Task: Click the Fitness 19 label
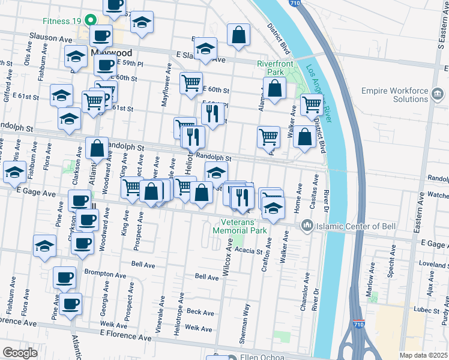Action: (x=61, y=20)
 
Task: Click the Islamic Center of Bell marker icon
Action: (x=307, y=226)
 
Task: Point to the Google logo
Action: (x=19, y=353)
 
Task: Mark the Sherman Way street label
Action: (x=245, y=319)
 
